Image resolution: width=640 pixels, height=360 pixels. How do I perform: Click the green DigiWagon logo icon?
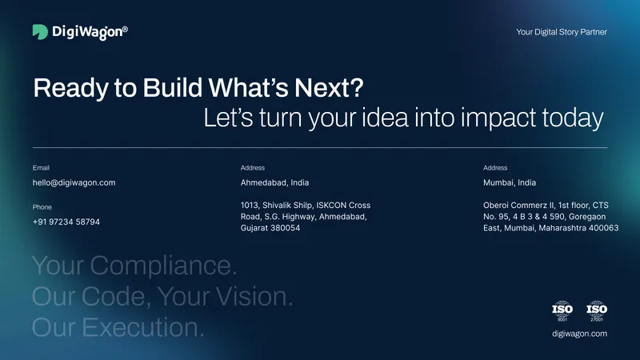tap(40, 32)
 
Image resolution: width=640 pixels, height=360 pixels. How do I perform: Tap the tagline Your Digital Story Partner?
tap(562, 32)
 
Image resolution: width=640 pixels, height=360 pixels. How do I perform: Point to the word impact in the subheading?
tap(498, 118)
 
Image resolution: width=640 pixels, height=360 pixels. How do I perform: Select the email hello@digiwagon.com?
tap(74, 182)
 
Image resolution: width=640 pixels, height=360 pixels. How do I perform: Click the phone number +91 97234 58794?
tap(66, 222)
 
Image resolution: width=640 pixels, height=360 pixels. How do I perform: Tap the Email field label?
tap(41, 168)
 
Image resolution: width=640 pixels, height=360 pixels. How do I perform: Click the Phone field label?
tap(42, 207)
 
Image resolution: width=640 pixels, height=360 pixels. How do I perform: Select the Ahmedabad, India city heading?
tap(274, 182)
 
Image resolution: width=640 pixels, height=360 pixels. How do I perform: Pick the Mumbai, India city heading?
tap(510, 182)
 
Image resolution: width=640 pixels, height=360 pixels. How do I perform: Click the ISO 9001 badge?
tap(562, 310)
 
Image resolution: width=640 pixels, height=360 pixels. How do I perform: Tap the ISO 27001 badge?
tap(597, 310)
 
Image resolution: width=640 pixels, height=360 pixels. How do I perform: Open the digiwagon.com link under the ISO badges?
tap(579, 334)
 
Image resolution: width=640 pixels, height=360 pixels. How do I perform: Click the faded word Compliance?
tap(163, 266)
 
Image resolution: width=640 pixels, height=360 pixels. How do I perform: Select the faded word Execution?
tap(143, 327)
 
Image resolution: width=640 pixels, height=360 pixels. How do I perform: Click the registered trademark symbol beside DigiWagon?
tap(125, 29)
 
